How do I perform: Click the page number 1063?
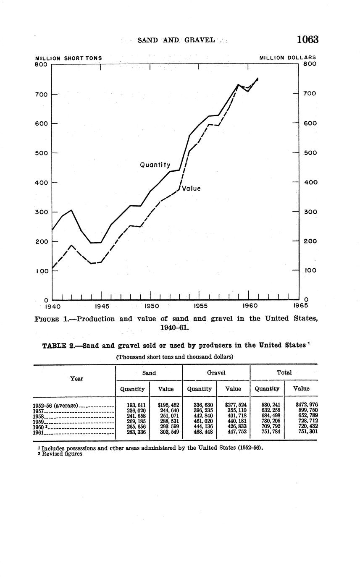tap(307, 39)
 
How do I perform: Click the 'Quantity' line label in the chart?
tap(155, 165)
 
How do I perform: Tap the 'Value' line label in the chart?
tap(191, 189)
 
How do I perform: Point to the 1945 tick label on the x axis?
tap(102, 307)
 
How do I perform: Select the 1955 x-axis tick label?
tap(200, 307)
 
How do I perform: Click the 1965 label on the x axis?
tap(300, 306)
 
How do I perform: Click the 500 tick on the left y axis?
tap(41, 153)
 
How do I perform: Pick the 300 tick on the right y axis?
tap(310, 212)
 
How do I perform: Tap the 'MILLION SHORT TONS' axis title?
tap(68, 58)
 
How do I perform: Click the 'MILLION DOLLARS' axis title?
tap(288, 58)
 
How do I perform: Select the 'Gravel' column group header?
tap(216, 373)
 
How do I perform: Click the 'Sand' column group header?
tap(149, 373)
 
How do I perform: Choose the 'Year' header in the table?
tap(76, 379)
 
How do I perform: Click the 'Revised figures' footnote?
tap(61, 454)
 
